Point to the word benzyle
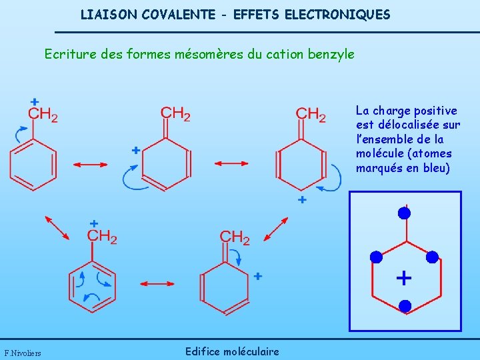coord(332,53)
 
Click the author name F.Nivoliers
coord(23,353)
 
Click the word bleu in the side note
coord(437,167)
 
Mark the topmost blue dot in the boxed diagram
coord(404,213)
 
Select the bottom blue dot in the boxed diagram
coord(405,306)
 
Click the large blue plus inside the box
coord(403,277)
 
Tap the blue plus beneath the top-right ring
coord(302,200)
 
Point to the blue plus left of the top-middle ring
coord(135,151)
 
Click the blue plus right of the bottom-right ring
coord(258,275)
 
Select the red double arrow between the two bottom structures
coord(157,283)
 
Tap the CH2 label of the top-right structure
coord(311,115)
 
